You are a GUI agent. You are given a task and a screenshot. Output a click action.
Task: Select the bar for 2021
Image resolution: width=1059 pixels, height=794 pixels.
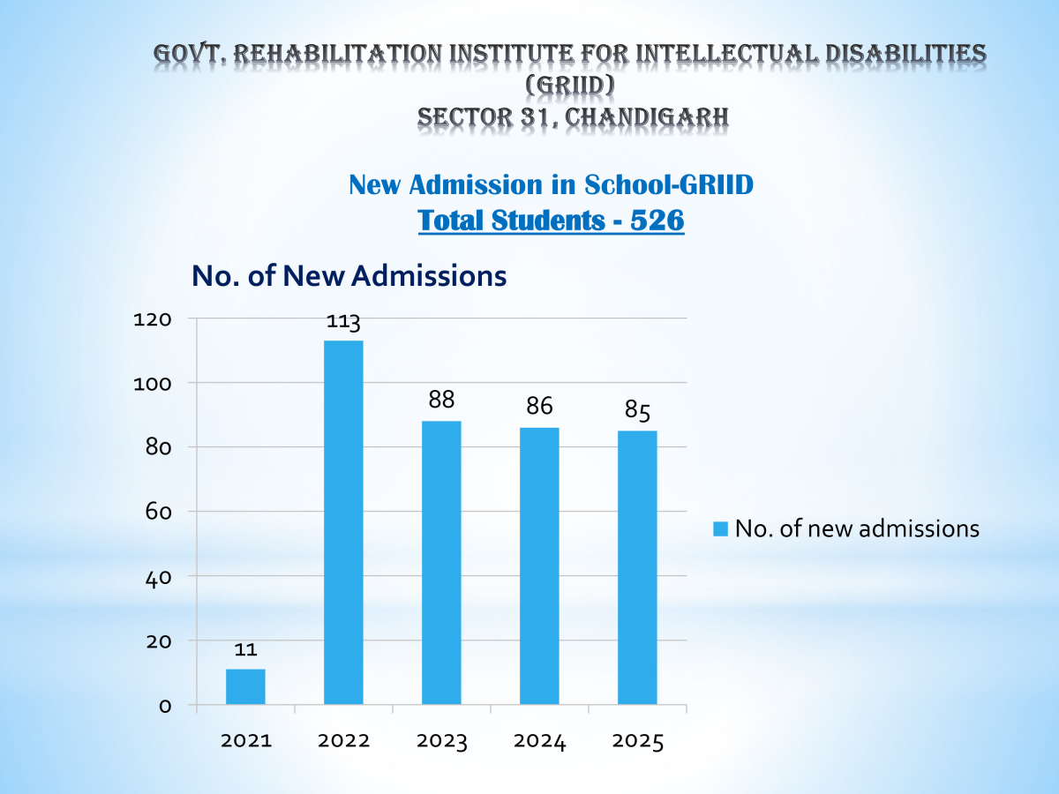point(245,686)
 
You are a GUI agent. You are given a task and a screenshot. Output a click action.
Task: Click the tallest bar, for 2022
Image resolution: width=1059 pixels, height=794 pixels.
point(343,522)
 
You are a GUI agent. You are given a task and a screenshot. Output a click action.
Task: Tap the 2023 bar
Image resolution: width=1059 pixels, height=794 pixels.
point(441,563)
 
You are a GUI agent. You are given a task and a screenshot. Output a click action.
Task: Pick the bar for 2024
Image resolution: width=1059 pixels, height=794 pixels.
point(539,566)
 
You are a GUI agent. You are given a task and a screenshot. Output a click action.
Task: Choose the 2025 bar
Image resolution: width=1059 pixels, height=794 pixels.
point(637,567)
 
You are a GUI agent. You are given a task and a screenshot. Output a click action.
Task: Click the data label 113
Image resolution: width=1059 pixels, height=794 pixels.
point(343,322)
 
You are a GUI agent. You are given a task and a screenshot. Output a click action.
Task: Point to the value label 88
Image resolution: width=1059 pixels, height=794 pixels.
point(441,400)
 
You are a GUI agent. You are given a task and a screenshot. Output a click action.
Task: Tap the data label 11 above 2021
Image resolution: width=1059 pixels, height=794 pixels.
point(245,649)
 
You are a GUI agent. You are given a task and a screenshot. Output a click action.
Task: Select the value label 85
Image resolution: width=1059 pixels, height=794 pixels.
point(637,409)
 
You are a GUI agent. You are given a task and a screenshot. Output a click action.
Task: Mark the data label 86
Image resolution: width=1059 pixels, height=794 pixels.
point(539,407)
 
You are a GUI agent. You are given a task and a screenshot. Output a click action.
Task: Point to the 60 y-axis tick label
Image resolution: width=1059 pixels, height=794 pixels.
point(157,512)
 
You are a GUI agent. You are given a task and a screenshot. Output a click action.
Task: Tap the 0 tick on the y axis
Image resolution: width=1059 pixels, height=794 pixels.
point(163,706)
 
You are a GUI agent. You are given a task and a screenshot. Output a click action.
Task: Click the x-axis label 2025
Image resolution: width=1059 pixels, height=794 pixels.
point(637,742)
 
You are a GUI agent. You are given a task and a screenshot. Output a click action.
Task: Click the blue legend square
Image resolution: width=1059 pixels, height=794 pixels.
point(719,528)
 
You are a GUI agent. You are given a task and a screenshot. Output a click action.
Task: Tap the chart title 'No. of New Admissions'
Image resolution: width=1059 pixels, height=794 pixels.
point(349,276)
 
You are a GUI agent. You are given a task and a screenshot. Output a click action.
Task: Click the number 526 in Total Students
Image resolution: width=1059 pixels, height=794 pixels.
point(657,220)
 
